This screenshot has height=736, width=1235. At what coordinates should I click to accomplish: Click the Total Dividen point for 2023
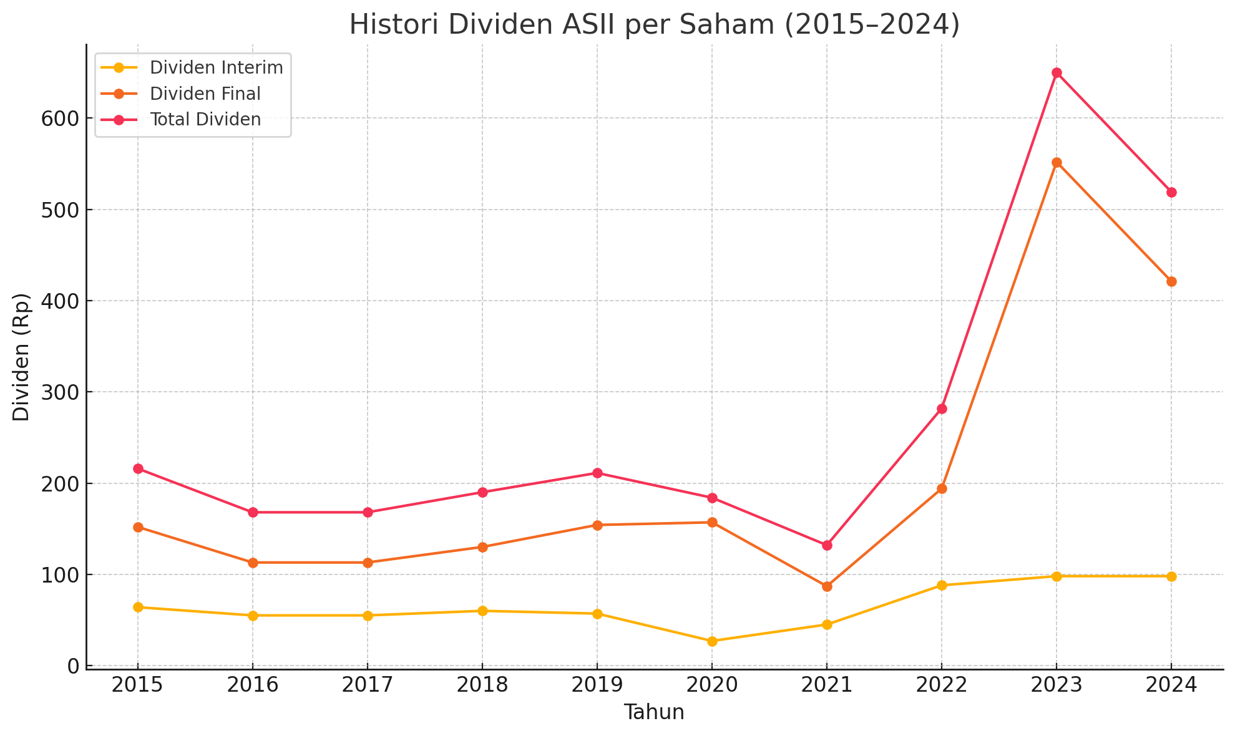[1057, 73]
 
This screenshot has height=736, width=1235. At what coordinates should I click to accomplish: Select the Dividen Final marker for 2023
[1057, 162]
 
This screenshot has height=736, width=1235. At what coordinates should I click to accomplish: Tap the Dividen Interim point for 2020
[712, 641]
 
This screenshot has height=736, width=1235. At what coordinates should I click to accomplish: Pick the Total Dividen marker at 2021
[827, 545]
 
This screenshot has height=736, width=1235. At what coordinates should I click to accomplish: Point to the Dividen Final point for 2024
[1171, 281]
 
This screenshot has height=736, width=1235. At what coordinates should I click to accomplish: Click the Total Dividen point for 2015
[138, 468]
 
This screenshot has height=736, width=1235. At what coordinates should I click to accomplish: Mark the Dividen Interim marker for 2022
[942, 585]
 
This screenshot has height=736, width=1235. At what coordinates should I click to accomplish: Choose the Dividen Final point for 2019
[597, 525]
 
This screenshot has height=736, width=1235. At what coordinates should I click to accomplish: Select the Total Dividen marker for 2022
[942, 409]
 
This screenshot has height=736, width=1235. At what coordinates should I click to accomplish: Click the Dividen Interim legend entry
[216, 67]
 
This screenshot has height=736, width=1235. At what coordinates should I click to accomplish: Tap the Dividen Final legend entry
[205, 94]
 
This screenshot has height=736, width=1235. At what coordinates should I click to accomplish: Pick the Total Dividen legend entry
[205, 120]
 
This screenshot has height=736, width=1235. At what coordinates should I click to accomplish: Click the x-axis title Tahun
[654, 712]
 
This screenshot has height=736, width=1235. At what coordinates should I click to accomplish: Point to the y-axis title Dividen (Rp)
[22, 357]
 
